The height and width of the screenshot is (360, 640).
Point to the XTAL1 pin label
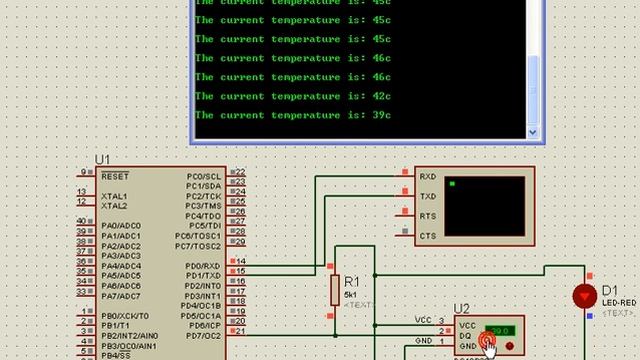[x=114, y=196]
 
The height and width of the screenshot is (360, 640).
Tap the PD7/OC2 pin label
[x=203, y=336]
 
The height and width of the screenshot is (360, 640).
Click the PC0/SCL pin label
[x=203, y=176]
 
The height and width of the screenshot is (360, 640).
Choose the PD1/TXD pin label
[x=203, y=276]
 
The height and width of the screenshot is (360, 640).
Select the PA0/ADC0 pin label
[x=121, y=226]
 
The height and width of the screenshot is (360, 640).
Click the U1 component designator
[x=102, y=160]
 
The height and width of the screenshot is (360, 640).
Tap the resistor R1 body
[x=336, y=290]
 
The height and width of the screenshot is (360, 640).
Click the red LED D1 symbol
[x=583, y=296]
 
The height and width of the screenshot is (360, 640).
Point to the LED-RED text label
[x=619, y=302]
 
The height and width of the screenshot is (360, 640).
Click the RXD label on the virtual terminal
[x=428, y=176]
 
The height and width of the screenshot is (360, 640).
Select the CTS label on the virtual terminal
[x=428, y=236]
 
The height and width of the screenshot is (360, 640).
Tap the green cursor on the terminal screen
[x=453, y=184]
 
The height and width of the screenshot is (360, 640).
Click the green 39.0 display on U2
[x=499, y=330]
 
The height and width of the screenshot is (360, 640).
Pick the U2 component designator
[x=461, y=309]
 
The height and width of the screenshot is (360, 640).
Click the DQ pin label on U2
[x=467, y=335]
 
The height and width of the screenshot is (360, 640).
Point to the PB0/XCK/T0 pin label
[x=125, y=316]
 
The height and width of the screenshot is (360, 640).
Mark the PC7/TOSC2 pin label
[x=198, y=246]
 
